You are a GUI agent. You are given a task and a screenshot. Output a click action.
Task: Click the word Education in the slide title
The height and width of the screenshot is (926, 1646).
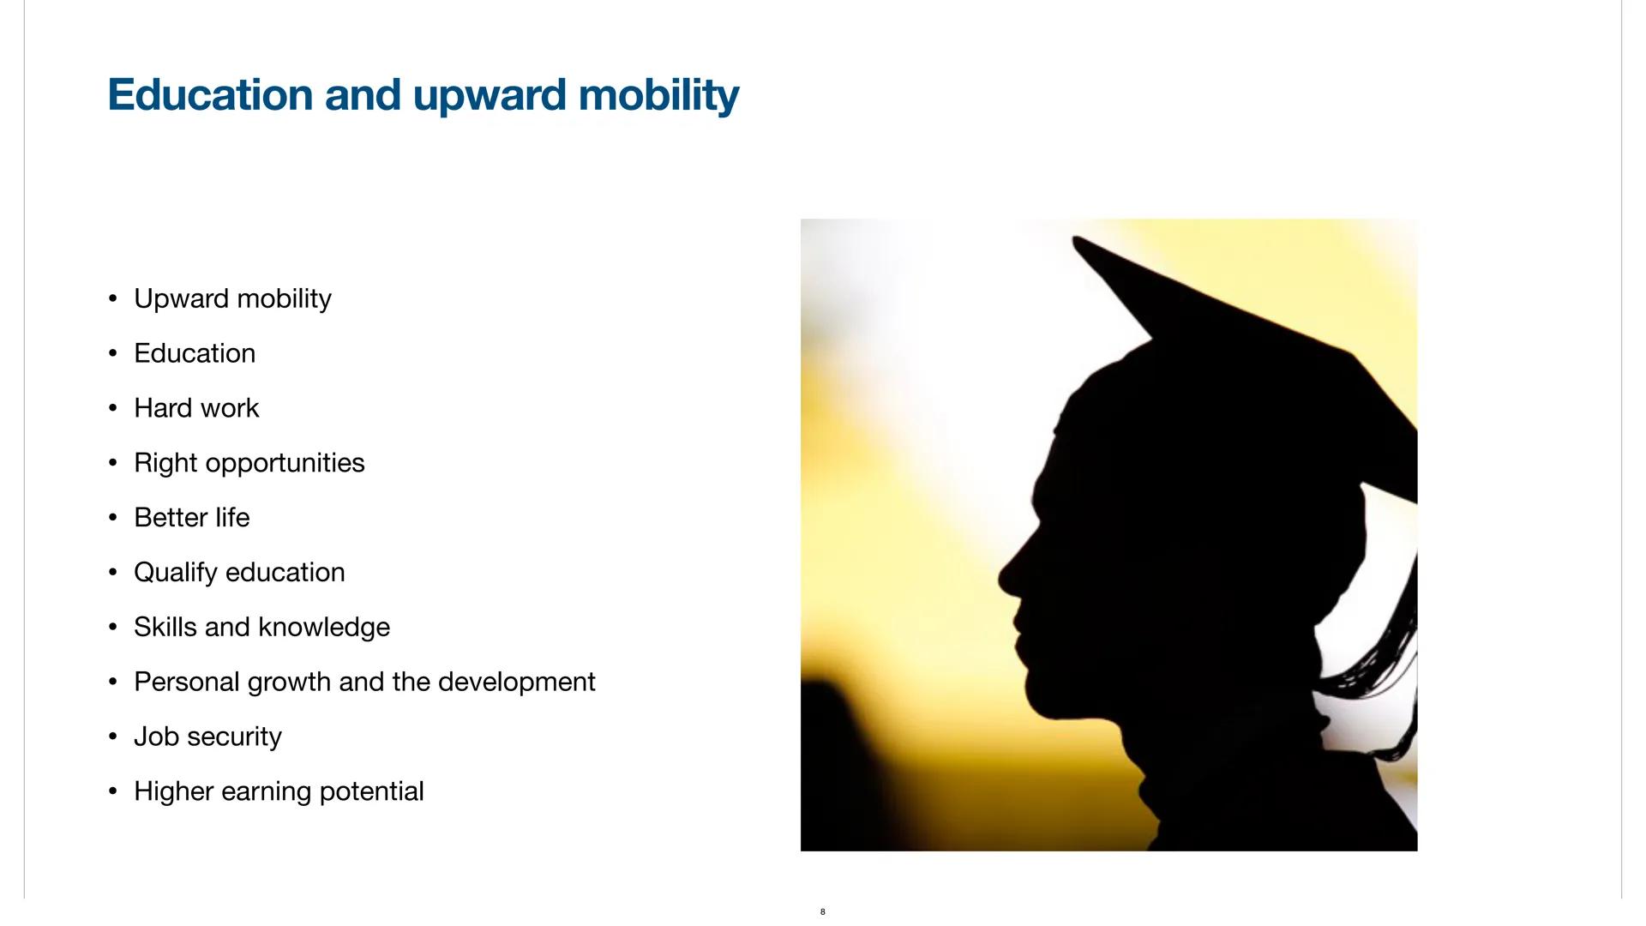click(210, 94)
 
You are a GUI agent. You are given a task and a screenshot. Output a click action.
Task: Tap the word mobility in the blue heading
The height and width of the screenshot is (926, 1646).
click(658, 96)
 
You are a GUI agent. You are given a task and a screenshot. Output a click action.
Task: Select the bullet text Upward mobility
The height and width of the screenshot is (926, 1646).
click(232, 298)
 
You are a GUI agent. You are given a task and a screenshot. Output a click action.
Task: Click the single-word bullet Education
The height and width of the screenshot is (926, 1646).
click(195, 353)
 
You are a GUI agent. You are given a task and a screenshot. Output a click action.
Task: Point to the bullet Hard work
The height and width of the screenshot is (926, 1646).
click(196, 408)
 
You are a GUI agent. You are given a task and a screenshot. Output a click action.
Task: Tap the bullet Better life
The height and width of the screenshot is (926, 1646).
click(192, 518)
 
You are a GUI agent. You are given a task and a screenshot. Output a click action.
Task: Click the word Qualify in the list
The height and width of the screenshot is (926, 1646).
click(176, 573)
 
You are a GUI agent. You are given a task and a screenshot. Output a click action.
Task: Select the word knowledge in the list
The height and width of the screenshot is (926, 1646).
click(323, 628)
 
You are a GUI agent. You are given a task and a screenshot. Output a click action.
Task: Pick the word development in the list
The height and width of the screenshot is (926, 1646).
click(516, 682)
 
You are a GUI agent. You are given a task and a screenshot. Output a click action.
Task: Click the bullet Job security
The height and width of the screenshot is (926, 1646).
click(207, 737)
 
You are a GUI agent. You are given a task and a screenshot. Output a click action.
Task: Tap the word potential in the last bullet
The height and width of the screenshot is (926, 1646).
click(371, 792)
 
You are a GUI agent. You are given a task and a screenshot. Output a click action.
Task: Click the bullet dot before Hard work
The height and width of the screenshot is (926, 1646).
click(113, 408)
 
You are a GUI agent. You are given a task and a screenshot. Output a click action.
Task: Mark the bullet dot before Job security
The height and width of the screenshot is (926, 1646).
click(113, 737)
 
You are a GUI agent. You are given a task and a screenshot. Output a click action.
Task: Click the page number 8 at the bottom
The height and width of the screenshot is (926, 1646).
click(823, 911)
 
